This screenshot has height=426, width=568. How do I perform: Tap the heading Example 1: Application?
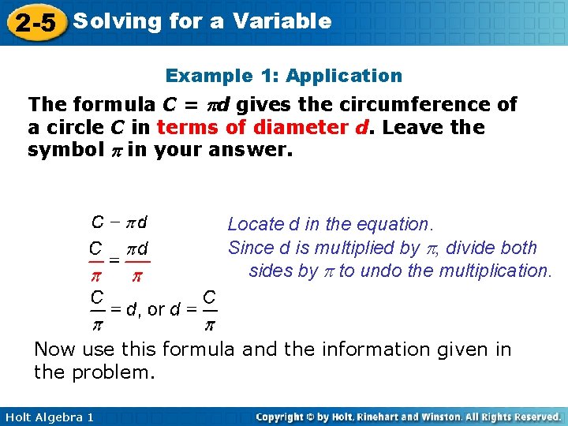coord(283,76)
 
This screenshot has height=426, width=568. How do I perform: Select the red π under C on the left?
coord(96,277)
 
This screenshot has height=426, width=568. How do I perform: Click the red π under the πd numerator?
coord(137,277)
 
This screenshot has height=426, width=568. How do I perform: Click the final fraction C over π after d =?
coord(210,309)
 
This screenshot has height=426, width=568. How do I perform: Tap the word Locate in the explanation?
coord(252,226)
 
